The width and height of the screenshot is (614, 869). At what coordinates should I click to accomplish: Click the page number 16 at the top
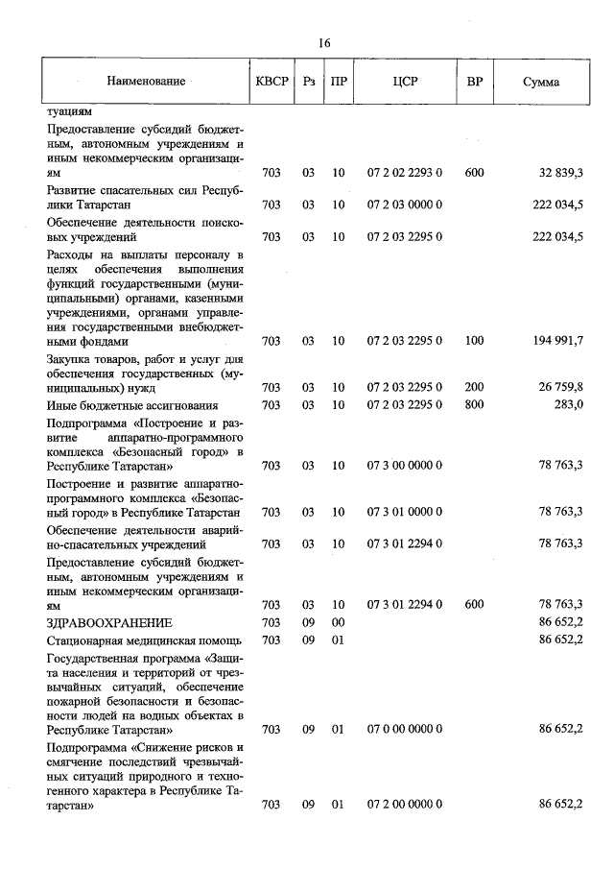324,43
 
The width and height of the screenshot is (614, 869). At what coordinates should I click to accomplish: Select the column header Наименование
146,82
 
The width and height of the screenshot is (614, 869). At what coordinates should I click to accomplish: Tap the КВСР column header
272,82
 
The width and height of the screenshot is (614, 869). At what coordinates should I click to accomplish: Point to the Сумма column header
541,82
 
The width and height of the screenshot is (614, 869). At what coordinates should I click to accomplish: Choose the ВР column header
474,82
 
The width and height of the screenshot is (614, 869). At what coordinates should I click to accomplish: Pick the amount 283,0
565,405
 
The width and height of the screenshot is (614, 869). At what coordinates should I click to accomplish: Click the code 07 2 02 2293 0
404,173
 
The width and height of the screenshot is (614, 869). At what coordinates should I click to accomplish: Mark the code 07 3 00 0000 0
404,466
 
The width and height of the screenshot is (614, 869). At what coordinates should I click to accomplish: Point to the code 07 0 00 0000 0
404,730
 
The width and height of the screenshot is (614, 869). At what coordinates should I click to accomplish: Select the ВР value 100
474,341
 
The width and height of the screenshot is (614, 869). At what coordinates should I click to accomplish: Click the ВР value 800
474,405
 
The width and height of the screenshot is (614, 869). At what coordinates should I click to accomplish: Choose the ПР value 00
338,622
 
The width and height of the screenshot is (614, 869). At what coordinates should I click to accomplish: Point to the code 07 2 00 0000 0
404,805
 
